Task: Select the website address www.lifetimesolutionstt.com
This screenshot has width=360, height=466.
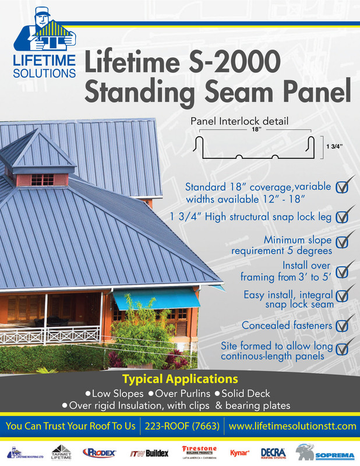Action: click(x=292, y=426)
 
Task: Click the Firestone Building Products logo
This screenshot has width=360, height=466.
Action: click(x=200, y=452)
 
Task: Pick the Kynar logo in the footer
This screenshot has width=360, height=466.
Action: click(x=240, y=452)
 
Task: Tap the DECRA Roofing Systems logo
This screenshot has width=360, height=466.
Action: click(x=273, y=452)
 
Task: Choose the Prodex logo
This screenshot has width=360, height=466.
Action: click(x=101, y=453)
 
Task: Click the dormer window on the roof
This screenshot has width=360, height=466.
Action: click(x=42, y=179)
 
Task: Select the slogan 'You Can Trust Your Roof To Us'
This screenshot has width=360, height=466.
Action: click(x=70, y=426)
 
